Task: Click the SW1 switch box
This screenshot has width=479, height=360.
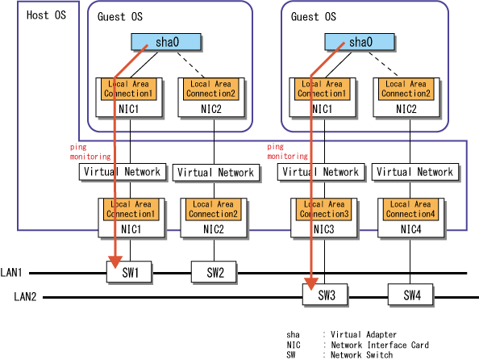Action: pyautogui.click(x=129, y=271)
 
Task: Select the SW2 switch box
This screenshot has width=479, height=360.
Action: pyautogui.click(x=214, y=271)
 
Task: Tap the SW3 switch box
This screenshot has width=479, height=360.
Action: pyautogui.click(x=325, y=295)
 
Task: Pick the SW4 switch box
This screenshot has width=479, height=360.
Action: pyautogui.click(x=410, y=295)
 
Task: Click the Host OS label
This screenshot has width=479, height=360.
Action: pyautogui.click(x=46, y=15)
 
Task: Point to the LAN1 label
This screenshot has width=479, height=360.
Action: pyautogui.click(x=11, y=272)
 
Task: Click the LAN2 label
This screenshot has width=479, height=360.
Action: pyautogui.click(x=25, y=296)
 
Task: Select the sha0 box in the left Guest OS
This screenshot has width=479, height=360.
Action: pyautogui.click(x=166, y=42)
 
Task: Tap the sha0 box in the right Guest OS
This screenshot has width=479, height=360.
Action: pyautogui.click(x=360, y=42)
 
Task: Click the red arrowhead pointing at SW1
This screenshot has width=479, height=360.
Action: pyautogui.click(x=115, y=262)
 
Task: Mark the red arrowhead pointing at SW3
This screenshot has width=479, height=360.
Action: pyautogui.click(x=311, y=283)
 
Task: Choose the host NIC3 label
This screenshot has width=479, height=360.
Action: pyautogui.click(x=324, y=229)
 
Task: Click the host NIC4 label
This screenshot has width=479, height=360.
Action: pyautogui.click(x=411, y=229)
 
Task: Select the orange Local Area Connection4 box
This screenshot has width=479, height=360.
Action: pyautogui.click(x=410, y=210)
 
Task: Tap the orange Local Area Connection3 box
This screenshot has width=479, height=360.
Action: pyautogui.click(x=324, y=210)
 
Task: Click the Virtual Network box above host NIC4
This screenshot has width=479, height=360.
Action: pyautogui.click(x=415, y=172)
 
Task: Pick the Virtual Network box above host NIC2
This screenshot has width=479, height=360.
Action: pyautogui.click(x=216, y=173)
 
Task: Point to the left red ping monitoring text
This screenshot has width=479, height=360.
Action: pyautogui.click(x=90, y=152)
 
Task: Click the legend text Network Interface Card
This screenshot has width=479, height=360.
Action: pyautogui.click(x=380, y=345)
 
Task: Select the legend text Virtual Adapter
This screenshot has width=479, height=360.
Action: pyautogui.click(x=364, y=335)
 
